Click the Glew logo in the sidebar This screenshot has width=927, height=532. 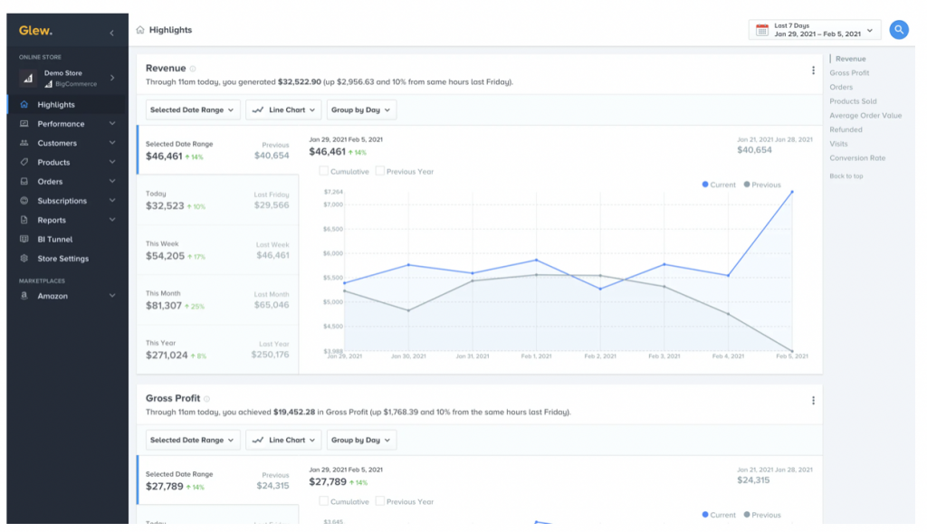[35, 31]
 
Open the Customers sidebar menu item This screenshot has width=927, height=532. [57, 144]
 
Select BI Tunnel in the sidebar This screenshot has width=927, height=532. [54, 240]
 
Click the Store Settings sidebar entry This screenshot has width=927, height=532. [62, 260]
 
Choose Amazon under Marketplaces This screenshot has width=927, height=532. [53, 297]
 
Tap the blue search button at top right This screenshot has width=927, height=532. [898, 30]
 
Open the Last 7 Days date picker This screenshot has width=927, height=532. [815, 30]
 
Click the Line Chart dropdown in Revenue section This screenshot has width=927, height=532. [284, 110]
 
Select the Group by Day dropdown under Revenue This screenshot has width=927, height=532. [361, 110]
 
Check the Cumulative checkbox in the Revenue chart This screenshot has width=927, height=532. [324, 171]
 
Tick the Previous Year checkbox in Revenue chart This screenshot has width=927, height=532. [380, 171]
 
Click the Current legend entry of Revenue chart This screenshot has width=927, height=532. [719, 185]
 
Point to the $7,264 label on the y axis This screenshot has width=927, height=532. [332, 193]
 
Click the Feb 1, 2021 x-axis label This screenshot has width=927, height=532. [537, 356]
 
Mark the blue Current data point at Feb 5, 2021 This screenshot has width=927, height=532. [792, 193]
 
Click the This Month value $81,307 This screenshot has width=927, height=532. [164, 306]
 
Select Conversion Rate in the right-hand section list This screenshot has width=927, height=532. [857, 158]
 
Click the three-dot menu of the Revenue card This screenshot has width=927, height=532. [813, 71]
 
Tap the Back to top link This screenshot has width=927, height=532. [846, 176]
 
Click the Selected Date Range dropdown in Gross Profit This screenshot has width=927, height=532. [192, 441]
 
